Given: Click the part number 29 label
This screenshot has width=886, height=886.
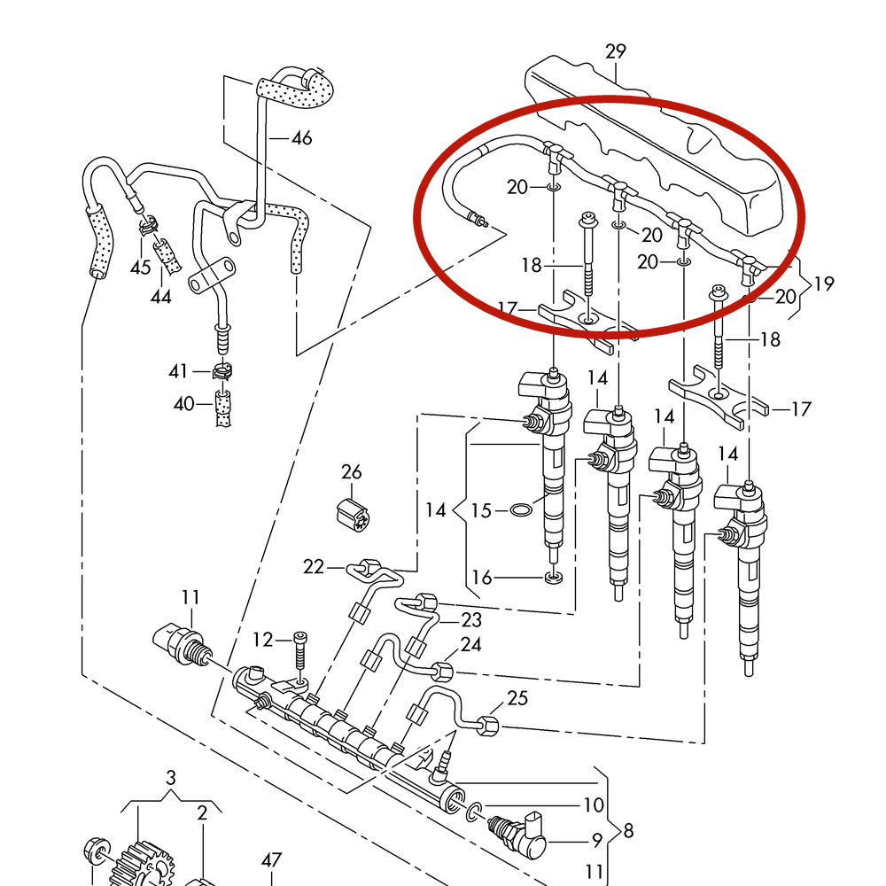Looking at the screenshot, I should [616, 51].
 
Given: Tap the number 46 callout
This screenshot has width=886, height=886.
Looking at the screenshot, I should [302, 138].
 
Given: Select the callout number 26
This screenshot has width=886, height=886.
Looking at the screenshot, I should [352, 471].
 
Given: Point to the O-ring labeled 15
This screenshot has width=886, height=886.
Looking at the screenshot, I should [522, 510].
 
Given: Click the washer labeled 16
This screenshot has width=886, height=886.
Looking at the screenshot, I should [553, 579].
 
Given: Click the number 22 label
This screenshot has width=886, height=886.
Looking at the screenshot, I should [314, 567].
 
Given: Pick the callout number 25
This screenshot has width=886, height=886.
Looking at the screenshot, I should [517, 699].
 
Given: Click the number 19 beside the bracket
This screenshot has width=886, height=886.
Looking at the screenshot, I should [824, 284].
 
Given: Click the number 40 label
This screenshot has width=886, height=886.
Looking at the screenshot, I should [183, 404].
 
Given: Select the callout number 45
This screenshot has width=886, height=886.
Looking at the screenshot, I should [141, 268].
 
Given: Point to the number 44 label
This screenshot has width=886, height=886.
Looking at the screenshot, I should [160, 298].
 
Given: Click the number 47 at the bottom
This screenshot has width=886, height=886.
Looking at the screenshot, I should [271, 859].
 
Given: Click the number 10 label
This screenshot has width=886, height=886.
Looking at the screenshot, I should [593, 805].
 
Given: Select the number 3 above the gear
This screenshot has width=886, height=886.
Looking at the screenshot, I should [171, 778].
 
